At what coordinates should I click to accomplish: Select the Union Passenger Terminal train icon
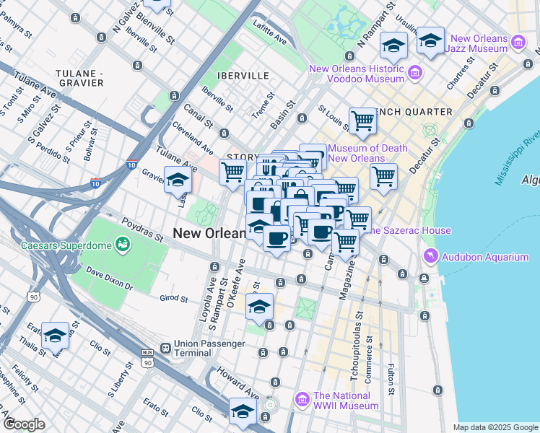tap(166, 347)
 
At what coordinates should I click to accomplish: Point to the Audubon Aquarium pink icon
tap(431, 257)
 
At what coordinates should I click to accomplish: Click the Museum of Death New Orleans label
tap(367, 153)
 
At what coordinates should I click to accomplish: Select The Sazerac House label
tap(409, 230)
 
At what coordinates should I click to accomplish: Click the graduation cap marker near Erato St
tap(55, 336)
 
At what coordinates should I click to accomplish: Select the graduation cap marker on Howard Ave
tap(243, 412)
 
